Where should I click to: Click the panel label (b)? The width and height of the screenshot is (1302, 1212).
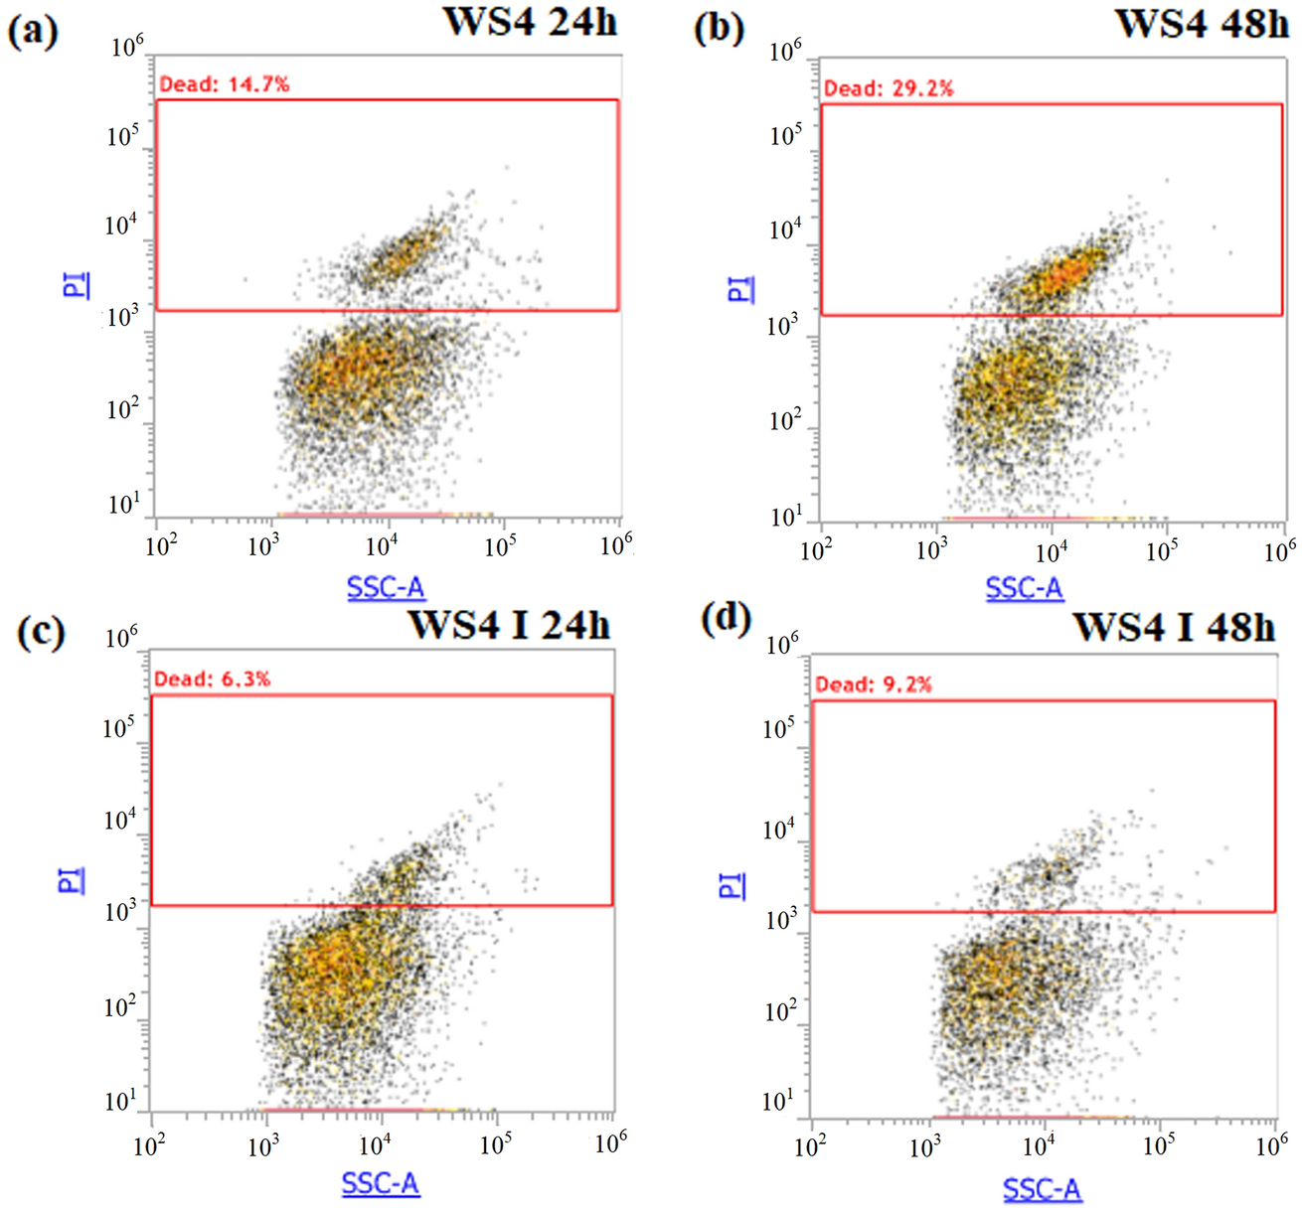(x=718, y=29)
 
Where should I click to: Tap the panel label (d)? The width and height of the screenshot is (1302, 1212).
(x=726, y=621)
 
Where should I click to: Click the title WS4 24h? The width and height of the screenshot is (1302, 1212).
(x=530, y=21)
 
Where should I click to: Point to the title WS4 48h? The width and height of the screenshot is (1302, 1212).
(x=1202, y=23)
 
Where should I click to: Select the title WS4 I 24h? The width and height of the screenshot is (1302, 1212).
(x=509, y=625)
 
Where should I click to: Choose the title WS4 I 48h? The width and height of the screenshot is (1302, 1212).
(x=1174, y=627)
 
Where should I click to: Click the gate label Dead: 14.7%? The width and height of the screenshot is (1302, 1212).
(x=225, y=84)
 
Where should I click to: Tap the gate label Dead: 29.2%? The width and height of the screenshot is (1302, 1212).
(x=889, y=88)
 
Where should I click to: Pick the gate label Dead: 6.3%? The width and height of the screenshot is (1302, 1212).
(x=212, y=680)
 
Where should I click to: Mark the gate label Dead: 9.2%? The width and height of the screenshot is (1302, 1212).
(x=874, y=684)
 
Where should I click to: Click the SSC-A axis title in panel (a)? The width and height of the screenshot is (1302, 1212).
(x=386, y=588)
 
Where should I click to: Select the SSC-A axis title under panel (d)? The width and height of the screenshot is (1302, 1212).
(x=1042, y=1189)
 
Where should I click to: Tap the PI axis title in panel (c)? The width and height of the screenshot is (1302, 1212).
(x=73, y=879)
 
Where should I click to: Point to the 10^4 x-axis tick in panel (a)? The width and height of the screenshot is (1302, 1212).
(x=381, y=545)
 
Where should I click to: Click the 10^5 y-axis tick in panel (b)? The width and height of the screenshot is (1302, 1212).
(x=785, y=135)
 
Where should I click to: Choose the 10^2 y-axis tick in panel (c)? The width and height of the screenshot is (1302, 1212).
(x=118, y=1006)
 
